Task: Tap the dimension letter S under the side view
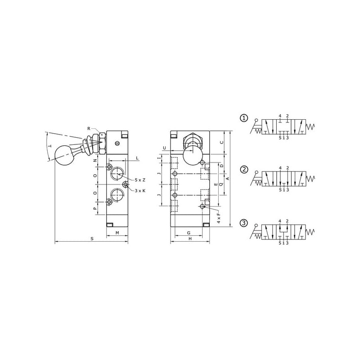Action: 92,239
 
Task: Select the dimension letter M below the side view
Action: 117,233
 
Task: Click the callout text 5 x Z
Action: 140,180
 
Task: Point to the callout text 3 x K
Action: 140,190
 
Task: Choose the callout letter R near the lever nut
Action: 89,129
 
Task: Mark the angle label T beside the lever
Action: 50,146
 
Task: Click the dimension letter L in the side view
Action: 137,158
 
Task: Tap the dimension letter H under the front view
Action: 190,239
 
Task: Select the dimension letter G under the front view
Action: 189,233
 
